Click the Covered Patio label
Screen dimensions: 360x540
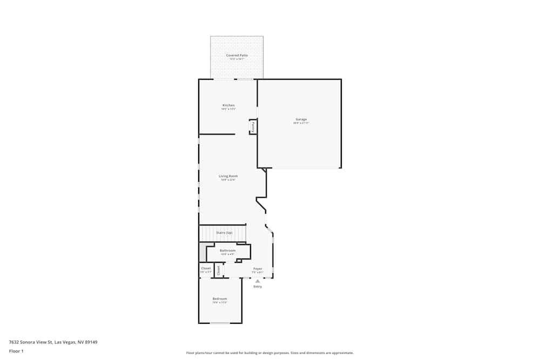pyautogui.click(x=237, y=56)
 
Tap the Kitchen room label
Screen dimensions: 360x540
pyautogui.click(x=228, y=105)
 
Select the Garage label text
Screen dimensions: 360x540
pyautogui.click(x=301, y=119)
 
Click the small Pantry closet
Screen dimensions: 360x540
pyautogui.click(x=252, y=127)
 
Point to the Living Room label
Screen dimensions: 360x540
pyautogui.click(x=228, y=176)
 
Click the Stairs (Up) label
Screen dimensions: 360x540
pyautogui.click(x=224, y=233)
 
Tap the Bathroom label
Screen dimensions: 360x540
pyautogui.click(x=227, y=250)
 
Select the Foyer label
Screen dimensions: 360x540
pyautogui.click(x=258, y=268)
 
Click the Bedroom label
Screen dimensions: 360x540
pyautogui.click(x=219, y=298)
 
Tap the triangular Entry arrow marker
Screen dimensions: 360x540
pyautogui.click(x=258, y=281)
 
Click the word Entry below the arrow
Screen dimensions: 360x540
pyautogui.click(x=258, y=287)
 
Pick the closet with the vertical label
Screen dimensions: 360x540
pyautogui.click(x=219, y=270)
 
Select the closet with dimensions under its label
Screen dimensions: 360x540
pyautogui.click(x=206, y=270)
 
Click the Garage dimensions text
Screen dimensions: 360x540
pyautogui.click(x=301, y=123)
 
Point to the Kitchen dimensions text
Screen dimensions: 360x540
pyautogui.click(x=228, y=109)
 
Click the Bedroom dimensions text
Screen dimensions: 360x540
pyautogui.click(x=219, y=302)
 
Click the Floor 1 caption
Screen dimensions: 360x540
pyautogui.click(x=16, y=351)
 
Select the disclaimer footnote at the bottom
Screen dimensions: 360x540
pyautogui.click(x=270, y=353)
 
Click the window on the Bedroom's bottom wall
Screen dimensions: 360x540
pyautogui.click(x=220, y=323)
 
